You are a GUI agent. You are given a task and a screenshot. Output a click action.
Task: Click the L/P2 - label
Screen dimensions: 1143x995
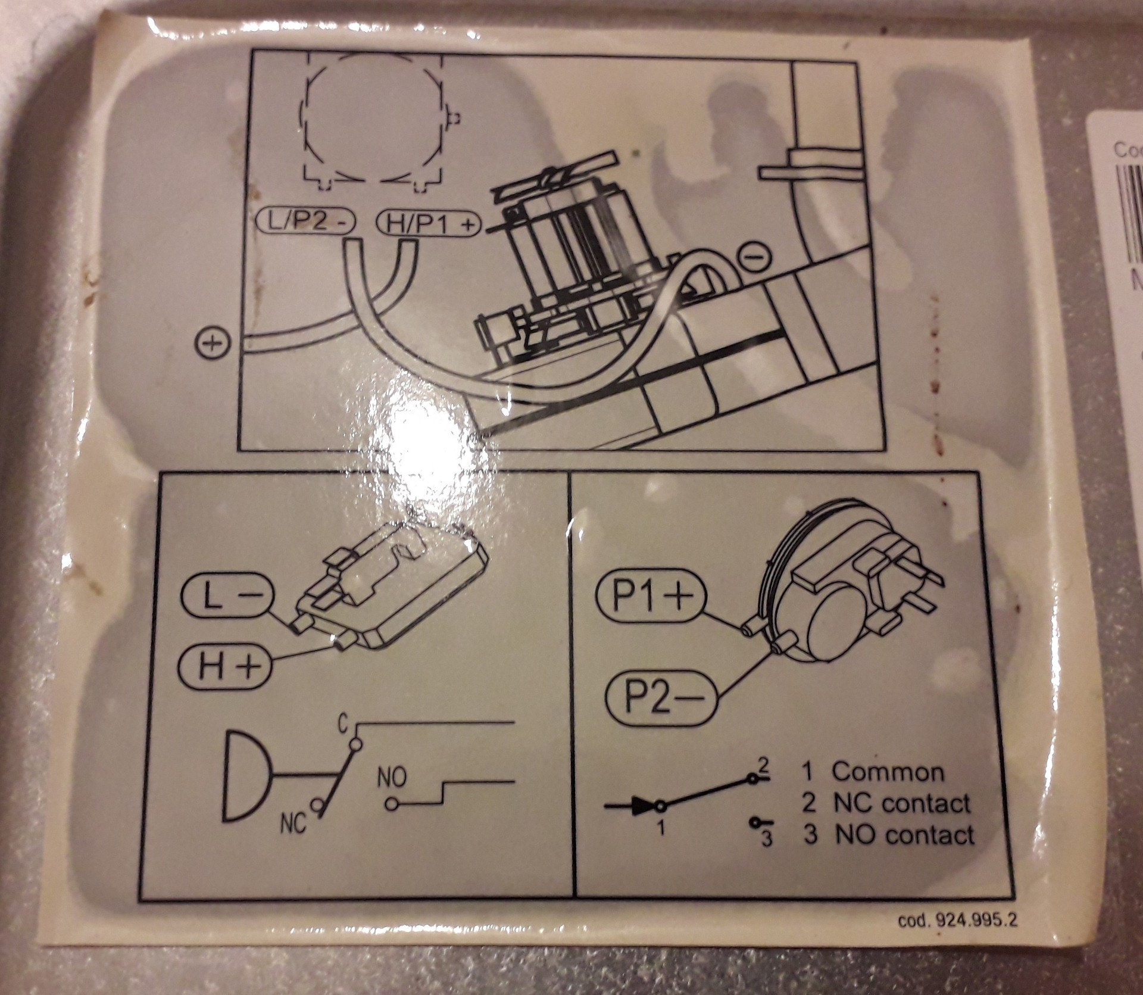coord(305,223)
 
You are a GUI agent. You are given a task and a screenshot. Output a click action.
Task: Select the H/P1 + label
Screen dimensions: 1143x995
coord(427,224)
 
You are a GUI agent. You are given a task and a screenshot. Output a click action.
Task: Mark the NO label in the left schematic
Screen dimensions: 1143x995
coord(392,778)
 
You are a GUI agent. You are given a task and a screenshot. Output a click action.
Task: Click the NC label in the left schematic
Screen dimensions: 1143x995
coord(292,825)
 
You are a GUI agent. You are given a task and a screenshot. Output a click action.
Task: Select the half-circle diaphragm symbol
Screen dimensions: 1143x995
coord(245,775)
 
